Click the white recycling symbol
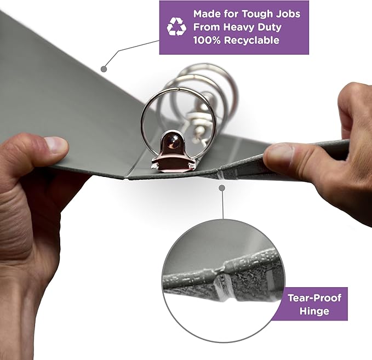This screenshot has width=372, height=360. [x=176, y=27]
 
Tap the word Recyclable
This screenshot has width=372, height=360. [x=251, y=40]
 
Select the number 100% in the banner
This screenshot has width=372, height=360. [x=207, y=40]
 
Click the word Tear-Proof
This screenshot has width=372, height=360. [x=314, y=298]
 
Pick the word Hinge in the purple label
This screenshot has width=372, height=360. [x=314, y=311]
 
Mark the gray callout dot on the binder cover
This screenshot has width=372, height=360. [x=104, y=69]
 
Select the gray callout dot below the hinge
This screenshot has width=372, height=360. [x=222, y=188]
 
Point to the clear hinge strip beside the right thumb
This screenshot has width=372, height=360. [x=220, y=175]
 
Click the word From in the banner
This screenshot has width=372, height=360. [x=207, y=27]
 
